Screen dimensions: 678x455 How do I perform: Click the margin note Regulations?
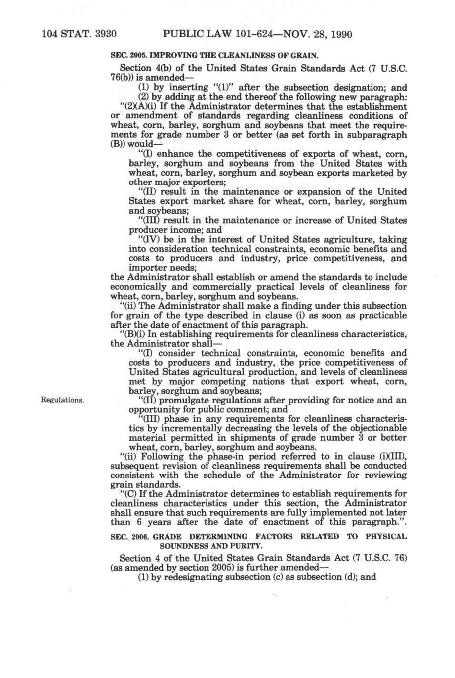[63, 400]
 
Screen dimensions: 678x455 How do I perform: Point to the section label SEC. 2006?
[128, 537]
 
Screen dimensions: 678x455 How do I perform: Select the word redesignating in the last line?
[197, 577]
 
